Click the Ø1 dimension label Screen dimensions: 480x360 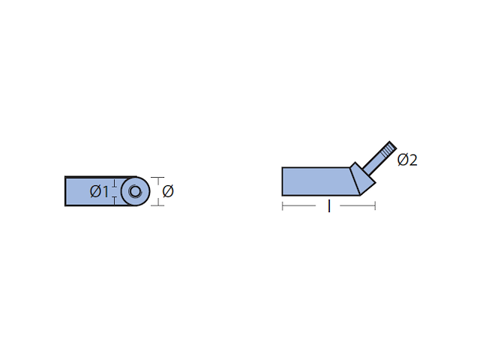[x=99, y=192]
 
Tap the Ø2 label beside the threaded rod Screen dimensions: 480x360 [x=407, y=160]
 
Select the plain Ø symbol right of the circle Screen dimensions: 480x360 [x=168, y=191]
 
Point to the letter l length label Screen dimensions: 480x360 [x=329, y=206]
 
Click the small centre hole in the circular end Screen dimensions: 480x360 [x=135, y=192]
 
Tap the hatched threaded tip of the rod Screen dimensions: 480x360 [x=388, y=150]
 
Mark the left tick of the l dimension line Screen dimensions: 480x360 [x=282, y=206]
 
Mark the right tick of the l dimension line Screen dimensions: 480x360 [x=375, y=206]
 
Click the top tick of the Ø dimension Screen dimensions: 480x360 [x=157, y=178]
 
